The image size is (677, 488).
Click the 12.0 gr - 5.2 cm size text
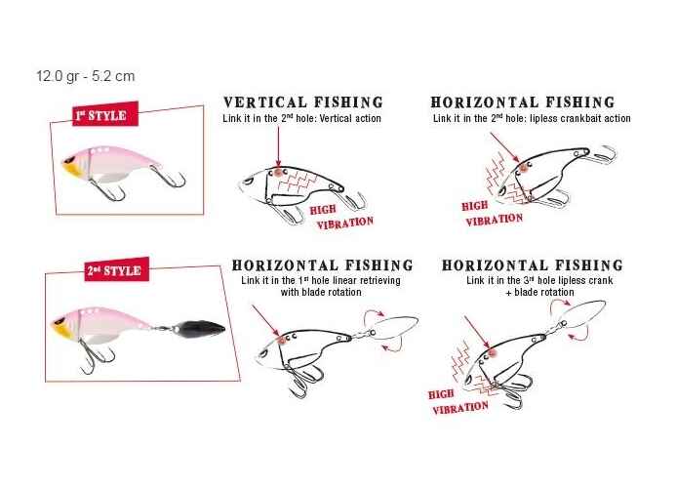click(86, 76)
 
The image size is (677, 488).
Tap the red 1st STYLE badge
click(105, 114)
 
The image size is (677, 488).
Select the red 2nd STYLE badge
click(117, 269)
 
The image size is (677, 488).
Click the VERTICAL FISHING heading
click(303, 102)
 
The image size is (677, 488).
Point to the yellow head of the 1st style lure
click(71, 165)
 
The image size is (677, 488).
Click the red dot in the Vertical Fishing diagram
click(278, 173)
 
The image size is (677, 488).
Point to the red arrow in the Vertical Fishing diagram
click(278, 146)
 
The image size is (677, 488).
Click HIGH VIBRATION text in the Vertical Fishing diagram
click(341, 217)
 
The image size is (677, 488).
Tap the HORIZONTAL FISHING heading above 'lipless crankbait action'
click(523, 102)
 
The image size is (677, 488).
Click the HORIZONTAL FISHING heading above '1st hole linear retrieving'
click(323, 265)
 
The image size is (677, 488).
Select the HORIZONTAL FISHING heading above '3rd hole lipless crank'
click(533, 265)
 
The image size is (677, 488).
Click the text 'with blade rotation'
click(321, 293)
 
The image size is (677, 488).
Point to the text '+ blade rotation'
click(540, 293)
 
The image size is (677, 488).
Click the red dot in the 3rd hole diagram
click(492, 353)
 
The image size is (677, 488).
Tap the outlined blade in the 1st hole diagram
click(395, 328)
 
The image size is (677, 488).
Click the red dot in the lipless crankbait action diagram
click(525, 167)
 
